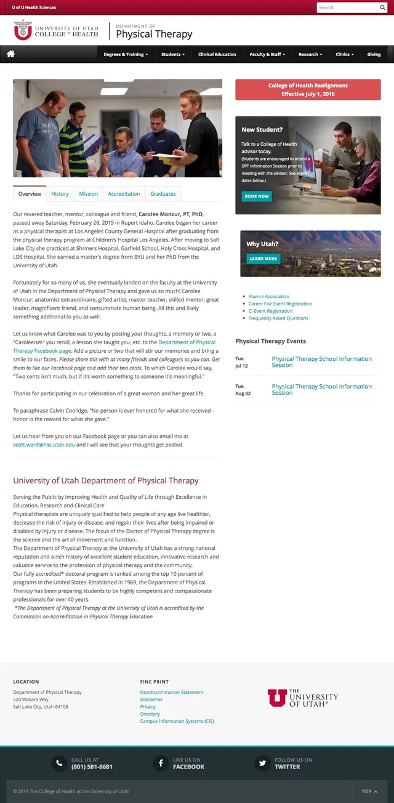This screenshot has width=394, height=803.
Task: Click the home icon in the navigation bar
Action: click(10, 54)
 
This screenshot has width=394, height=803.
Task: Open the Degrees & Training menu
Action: click(126, 54)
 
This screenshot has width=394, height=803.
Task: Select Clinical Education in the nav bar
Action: click(217, 54)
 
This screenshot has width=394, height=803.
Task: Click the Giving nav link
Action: click(374, 54)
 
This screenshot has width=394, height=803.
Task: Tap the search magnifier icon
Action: click(382, 7)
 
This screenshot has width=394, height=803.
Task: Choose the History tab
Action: click(60, 194)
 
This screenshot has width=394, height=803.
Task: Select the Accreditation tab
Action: click(124, 194)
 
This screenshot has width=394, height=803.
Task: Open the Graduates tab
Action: click(163, 194)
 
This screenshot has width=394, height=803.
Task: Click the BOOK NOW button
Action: click(256, 196)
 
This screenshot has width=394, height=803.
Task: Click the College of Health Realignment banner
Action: click(308, 90)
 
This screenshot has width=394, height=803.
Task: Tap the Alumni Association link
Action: click(268, 297)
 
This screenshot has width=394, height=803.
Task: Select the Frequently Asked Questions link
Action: click(278, 318)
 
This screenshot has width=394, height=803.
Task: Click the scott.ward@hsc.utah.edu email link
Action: click(44, 445)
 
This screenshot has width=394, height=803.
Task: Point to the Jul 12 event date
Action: click(241, 362)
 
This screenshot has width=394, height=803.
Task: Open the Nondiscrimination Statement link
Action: click(171, 692)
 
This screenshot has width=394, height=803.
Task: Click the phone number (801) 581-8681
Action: click(92, 767)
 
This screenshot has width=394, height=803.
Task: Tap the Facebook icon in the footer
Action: click(161, 764)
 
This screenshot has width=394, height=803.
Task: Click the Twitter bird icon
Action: click(263, 764)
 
